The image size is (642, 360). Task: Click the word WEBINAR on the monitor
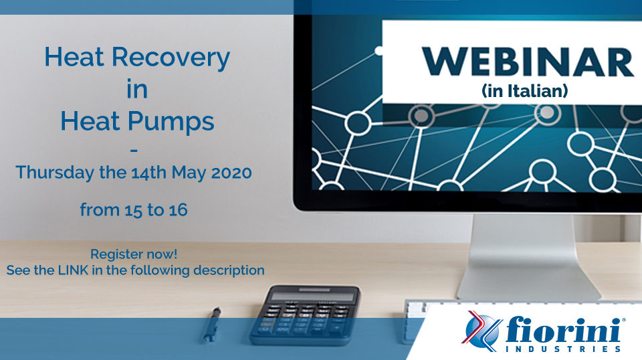coord(528,62)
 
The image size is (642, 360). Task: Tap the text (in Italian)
coord(525,90)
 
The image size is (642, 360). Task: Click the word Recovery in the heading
coord(171,58)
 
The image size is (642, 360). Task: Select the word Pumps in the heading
coord(171,122)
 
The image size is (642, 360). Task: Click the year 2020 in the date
coord(231,173)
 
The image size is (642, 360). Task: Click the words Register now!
coord(134,254)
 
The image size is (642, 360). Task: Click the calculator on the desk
coord(305,314)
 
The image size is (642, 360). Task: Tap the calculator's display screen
coord(313,296)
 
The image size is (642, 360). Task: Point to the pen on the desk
coord(212,325)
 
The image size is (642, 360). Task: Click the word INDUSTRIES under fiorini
coord(563,349)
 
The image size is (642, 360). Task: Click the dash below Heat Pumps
coord(134,151)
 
